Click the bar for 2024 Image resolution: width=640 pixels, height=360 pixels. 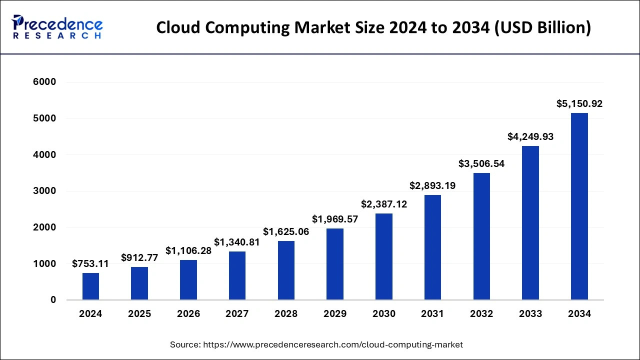(90, 286)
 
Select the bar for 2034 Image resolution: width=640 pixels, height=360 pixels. (579, 206)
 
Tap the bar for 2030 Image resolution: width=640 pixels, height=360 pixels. (384, 256)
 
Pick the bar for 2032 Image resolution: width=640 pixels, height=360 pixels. (481, 236)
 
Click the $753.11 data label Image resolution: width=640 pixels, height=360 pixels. (90, 263)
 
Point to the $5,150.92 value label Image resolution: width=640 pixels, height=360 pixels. (579, 104)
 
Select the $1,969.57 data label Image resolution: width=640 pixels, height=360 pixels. (335, 219)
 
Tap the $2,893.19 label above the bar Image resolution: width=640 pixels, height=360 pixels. (432, 185)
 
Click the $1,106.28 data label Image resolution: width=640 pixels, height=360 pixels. (188, 250)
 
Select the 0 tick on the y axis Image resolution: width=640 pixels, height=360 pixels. (52, 300)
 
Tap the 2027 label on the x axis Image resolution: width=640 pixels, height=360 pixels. (237, 314)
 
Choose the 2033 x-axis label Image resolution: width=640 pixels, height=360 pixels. (530, 314)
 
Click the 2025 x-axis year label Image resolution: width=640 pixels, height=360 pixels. (139, 314)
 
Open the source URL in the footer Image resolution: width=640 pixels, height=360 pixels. (332, 344)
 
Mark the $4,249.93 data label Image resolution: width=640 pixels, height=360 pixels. (530, 136)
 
